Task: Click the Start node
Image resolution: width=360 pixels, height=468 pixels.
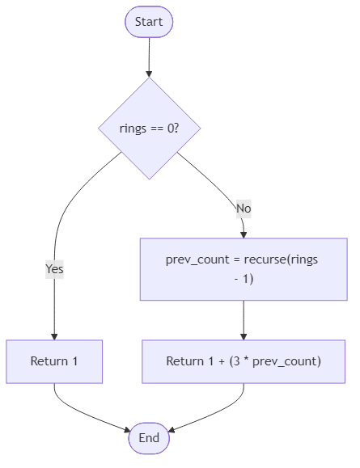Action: coord(149,22)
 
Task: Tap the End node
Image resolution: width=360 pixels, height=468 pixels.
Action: coord(149,437)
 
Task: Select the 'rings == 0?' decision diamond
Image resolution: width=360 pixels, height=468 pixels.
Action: coord(149,129)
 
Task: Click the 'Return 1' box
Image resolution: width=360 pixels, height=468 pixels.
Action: coord(54,361)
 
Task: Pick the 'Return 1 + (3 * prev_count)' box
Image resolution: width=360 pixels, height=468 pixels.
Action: coord(244,361)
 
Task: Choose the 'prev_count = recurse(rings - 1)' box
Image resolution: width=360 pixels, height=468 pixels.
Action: coord(244,269)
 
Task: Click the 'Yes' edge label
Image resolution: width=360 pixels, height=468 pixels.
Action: coord(54,269)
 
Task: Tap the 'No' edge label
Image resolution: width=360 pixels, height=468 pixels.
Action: coord(244,209)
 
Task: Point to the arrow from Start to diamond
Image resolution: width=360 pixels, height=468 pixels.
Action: coord(149,57)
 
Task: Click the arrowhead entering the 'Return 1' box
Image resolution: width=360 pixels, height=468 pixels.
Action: coord(54,335)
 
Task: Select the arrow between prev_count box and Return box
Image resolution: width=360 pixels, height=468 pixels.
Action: coord(244,319)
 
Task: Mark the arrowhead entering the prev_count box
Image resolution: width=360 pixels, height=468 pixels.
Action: coord(244,234)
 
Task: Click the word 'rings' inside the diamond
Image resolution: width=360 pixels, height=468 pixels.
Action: coord(133,129)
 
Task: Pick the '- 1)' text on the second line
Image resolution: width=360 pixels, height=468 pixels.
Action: coord(244,279)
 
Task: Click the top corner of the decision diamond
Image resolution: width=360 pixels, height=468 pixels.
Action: coord(149,80)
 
